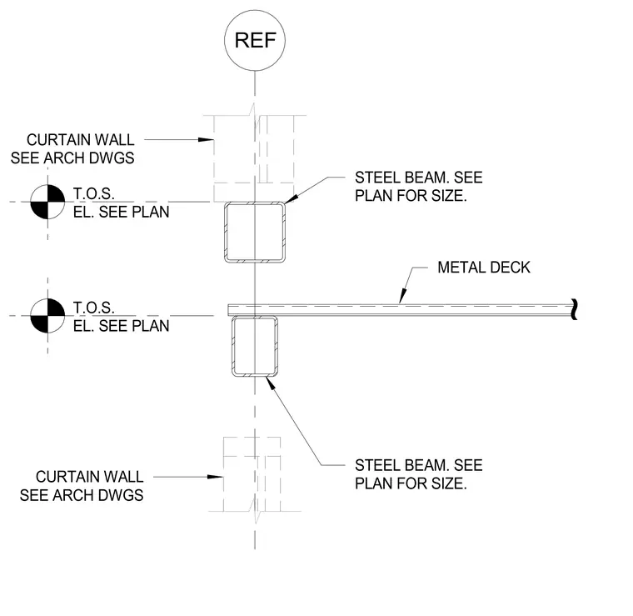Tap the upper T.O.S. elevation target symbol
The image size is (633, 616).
pyautogui.click(x=47, y=202)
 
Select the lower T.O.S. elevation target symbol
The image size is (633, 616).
pyautogui.click(x=47, y=315)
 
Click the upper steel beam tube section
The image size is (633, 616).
pyautogui.click(x=225, y=233)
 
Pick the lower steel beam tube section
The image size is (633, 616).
pyautogui.click(x=233, y=346)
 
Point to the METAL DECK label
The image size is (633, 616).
pyautogui.click(x=484, y=268)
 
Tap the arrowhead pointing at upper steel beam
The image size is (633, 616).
pyautogui.click(x=291, y=198)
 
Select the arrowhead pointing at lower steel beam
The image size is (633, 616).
pyautogui.click(x=270, y=383)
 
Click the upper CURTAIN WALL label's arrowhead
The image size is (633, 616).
pyautogui.click(x=206, y=140)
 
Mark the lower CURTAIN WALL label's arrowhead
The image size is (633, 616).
pyautogui.click(x=215, y=477)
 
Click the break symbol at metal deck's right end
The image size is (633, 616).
pyautogui.click(x=575, y=310)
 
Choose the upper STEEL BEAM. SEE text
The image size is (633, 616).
pyautogui.click(x=419, y=178)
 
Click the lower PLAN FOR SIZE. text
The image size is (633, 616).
pyautogui.click(x=411, y=483)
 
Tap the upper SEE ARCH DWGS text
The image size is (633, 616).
pyautogui.click(x=72, y=158)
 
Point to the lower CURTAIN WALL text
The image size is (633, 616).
pyautogui.click(x=90, y=477)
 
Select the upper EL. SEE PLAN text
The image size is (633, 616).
pyautogui.click(x=121, y=212)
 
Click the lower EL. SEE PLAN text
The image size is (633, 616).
pyautogui.click(x=121, y=326)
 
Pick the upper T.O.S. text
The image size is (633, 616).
pyautogui.click(x=93, y=194)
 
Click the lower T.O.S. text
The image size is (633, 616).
pyautogui.click(x=93, y=308)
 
